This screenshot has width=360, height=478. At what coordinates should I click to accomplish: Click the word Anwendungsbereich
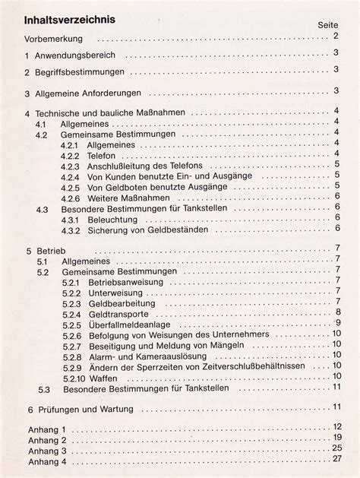point(75,55)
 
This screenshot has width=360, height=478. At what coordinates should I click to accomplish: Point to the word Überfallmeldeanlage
point(129,324)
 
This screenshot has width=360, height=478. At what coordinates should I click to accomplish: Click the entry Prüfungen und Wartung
point(84,408)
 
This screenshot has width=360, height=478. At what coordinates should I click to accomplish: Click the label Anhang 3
point(47,451)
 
